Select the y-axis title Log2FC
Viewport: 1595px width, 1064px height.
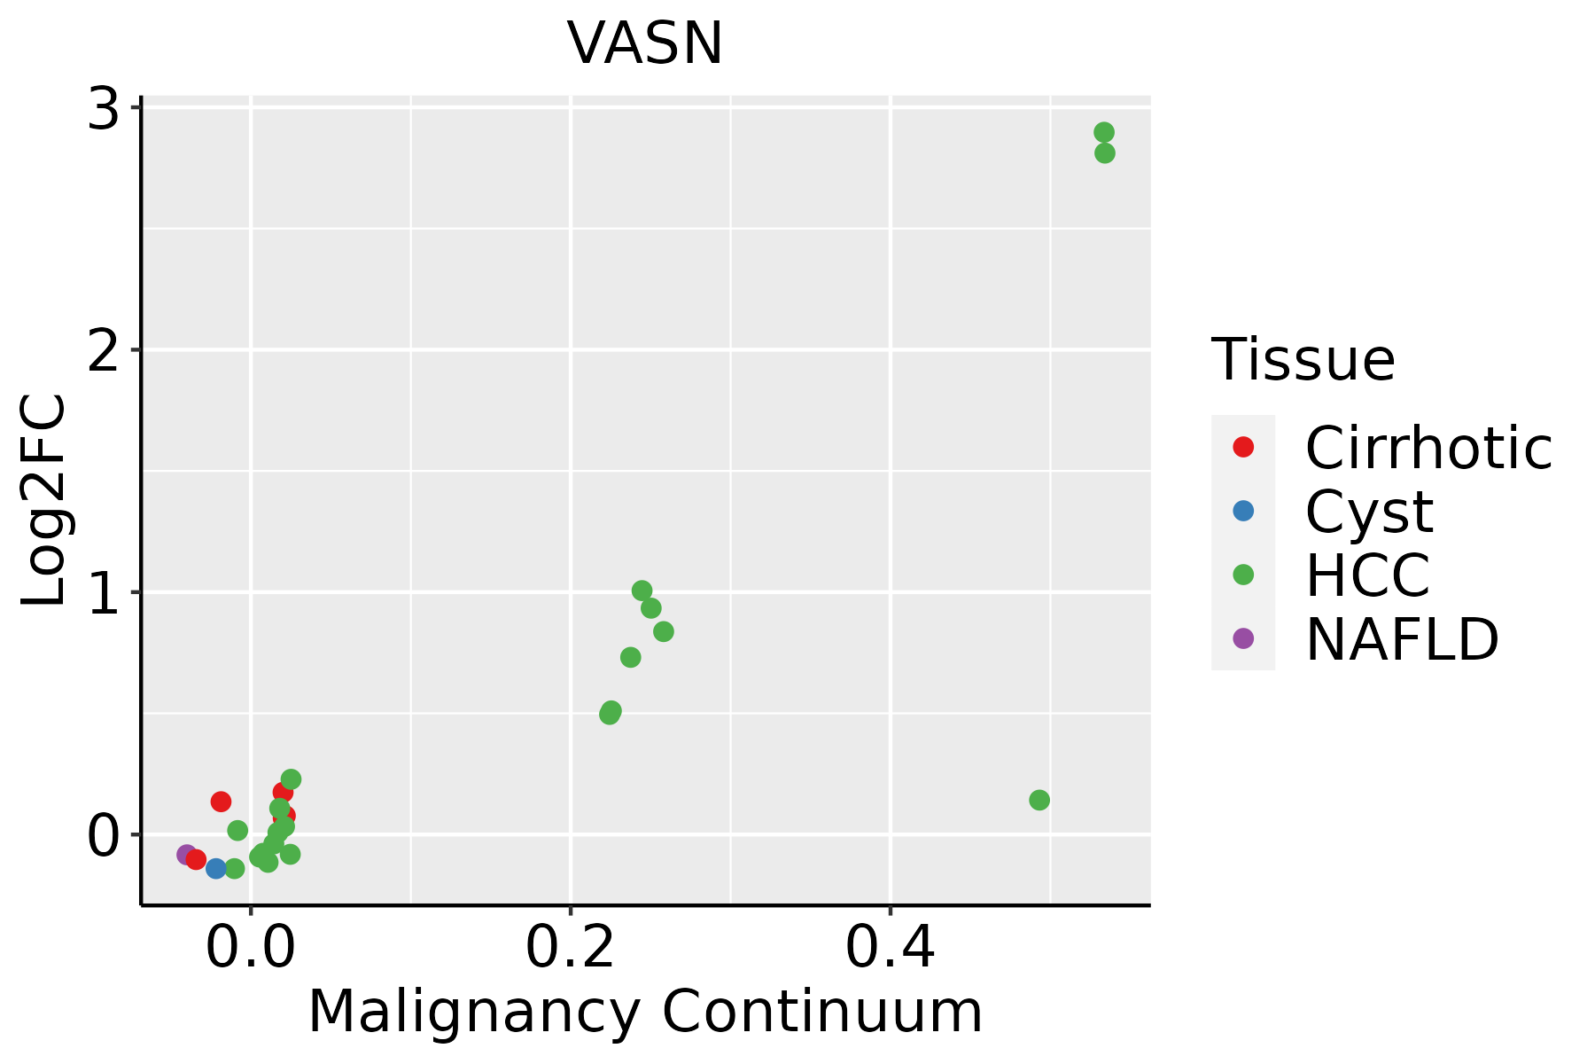pyautogui.click(x=44, y=501)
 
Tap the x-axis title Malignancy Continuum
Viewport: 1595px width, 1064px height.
pyautogui.click(x=645, y=1012)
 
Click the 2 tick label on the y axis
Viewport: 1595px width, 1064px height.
pyautogui.click(x=104, y=351)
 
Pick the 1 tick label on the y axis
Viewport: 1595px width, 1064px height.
pyautogui.click(x=104, y=594)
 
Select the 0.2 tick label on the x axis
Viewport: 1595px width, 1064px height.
pyautogui.click(x=570, y=949)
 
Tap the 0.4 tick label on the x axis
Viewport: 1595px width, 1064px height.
pyautogui.click(x=890, y=949)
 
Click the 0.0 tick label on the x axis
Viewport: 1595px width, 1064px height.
pyautogui.click(x=251, y=949)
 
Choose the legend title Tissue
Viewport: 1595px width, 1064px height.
pyautogui.click(x=1303, y=360)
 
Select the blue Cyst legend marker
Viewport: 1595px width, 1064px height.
pyautogui.click(x=1243, y=511)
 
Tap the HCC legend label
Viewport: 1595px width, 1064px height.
pyautogui.click(x=1367, y=575)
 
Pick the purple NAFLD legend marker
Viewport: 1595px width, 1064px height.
pyautogui.click(x=1243, y=638)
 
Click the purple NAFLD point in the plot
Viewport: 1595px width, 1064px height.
pyautogui.click(x=186, y=855)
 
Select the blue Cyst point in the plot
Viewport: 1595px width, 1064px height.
pyautogui.click(x=216, y=868)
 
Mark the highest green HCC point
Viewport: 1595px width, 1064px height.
pyautogui.click(x=1103, y=133)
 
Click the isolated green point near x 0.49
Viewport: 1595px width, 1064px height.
pyautogui.click(x=1039, y=800)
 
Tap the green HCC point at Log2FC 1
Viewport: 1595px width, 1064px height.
pyautogui.click(x=642, y=591)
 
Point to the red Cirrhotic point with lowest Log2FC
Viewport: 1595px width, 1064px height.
pyautogui.click(x=197, y=859)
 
